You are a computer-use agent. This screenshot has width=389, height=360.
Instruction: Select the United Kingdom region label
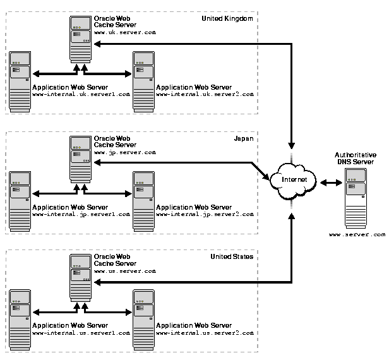coord(227,19)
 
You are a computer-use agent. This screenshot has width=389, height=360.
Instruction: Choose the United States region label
coord(232,257)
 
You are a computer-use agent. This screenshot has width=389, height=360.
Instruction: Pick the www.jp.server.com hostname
coord(124,153)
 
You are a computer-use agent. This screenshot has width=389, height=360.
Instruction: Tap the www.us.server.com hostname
coord(124,271)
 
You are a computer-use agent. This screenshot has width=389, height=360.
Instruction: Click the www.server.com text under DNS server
coord(357,234)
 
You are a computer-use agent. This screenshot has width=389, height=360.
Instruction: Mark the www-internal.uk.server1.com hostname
coord(81,94)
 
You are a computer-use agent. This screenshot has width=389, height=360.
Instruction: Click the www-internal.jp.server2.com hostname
coord(205,215)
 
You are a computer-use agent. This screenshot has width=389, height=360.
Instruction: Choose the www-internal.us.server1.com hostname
coord(81,332)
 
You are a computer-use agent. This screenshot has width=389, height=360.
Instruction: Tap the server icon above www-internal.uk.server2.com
coord(143,81)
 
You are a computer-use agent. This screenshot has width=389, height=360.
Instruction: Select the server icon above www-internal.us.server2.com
coord(143,320)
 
